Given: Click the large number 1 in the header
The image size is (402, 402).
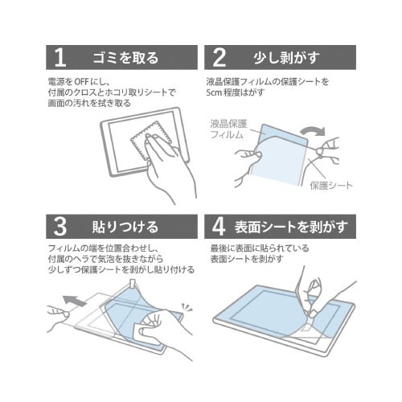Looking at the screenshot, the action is click(x=60, y=58).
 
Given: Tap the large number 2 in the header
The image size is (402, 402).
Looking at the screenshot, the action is click(x=219, y=58).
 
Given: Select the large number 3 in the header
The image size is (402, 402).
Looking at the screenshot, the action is click(x=59, y=227).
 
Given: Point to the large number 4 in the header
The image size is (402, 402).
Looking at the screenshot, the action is click(x=219, y=227).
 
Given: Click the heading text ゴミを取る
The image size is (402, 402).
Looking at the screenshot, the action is click(x=125, y=58).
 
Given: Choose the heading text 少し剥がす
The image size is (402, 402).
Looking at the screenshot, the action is click(x=287, y=58).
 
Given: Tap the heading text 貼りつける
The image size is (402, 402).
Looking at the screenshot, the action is click(x=125, y=227).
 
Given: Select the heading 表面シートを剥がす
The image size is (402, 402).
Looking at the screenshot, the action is click(x=291, y=227).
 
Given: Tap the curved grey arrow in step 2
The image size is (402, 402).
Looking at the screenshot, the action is click(x=313, y=131).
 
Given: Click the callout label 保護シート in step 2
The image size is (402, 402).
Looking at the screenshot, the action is click(x=331, y=186).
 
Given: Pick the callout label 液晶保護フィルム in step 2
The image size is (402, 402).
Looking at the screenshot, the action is click(x=228, y=129).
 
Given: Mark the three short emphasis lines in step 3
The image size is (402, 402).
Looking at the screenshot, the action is click(x=187, y=307).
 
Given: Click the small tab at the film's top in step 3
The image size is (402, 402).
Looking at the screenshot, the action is click(x=133, y=283).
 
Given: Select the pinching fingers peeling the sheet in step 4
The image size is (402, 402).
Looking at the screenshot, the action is click(x=312, y=297).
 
